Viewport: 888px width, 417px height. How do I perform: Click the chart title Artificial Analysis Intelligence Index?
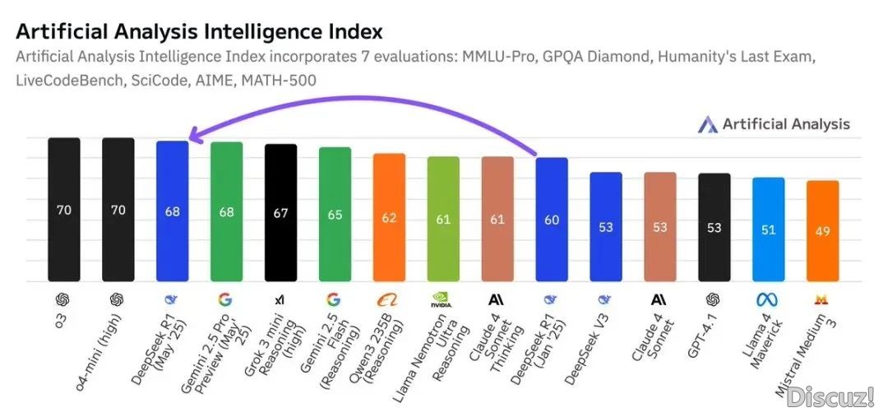tap(199, 32)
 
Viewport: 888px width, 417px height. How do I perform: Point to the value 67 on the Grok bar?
tap(280, 212)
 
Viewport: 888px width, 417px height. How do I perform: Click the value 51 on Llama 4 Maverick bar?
tap(768, 229)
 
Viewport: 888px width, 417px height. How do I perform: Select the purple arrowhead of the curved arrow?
tap(192, 136)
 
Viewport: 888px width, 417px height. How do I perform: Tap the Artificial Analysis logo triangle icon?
tap(707, 124)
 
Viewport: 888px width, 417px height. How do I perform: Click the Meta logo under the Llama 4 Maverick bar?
tap(767, 299)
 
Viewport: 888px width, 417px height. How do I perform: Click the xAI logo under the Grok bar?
tap(280, 299)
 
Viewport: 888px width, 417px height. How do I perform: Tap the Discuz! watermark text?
tap(830, 398)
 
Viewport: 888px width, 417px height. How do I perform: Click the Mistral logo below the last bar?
tap(821, 299)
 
